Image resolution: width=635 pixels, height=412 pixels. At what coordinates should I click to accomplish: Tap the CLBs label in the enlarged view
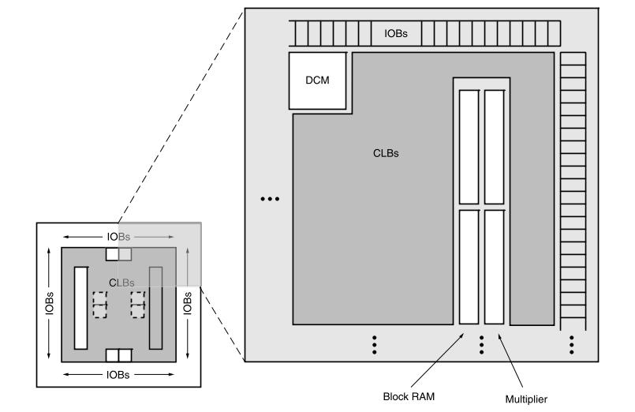386,153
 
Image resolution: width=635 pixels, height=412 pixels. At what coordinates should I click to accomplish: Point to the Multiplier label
526,399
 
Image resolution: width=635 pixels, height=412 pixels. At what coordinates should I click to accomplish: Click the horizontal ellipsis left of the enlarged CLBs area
270,199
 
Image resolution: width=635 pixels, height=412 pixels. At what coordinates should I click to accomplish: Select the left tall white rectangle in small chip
80,308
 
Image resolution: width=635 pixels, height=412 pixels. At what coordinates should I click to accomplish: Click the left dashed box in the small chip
100,304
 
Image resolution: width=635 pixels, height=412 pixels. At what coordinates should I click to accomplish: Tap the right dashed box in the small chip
138,304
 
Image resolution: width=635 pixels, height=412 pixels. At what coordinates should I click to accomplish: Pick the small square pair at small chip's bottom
118,355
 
